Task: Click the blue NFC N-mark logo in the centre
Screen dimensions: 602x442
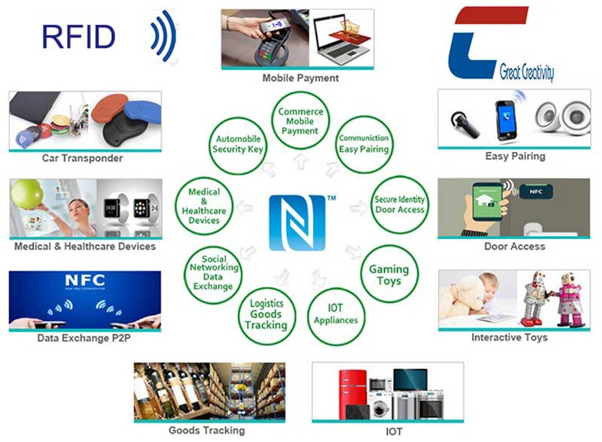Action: pyautogui.click(x=297, y=223)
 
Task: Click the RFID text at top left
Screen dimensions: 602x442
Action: pyautogui.click(x=79, y=37)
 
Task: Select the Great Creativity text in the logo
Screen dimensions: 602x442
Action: pyautogui.click(x=526, y=71)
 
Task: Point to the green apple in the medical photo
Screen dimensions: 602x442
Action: pyautogui.click(x=27, y=194)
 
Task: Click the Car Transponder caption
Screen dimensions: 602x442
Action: pyautogui.click(x=83, y=158)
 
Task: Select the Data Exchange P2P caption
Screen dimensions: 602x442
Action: pyautogui.click(x=84, y=338)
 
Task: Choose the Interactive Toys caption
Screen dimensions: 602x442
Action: pyautogui.click(x=509, y=338)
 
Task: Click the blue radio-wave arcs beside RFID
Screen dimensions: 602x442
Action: pyautogui.click(x=164, y=36)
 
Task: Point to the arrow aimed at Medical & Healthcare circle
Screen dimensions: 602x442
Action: pyautogui.click(x=245, y=207)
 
